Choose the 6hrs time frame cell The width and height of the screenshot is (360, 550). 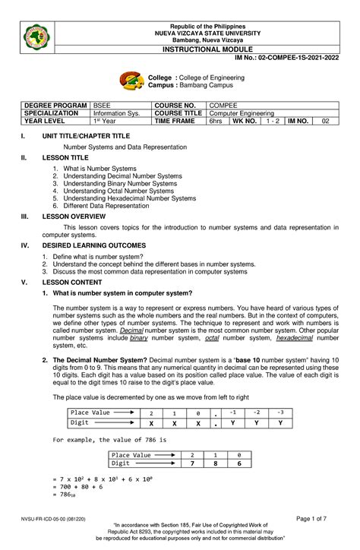[x=217, y=121]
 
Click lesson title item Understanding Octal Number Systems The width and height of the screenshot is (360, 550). [x=118, y=191]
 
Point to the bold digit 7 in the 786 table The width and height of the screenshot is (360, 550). [x=192, y=463]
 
